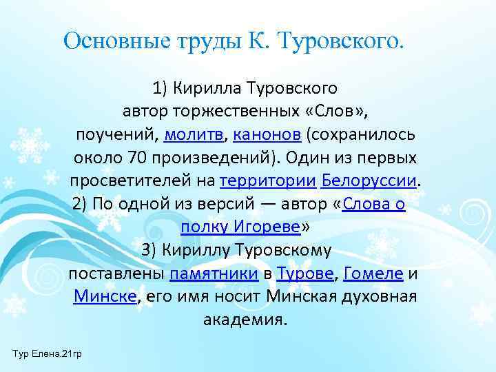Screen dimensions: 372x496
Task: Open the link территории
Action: pyautogui.click(x=268, y=180)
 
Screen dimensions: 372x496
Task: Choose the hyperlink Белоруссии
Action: pyautogui.click(x=369, y=180)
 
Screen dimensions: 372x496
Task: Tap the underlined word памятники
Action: pyautogui.click(x=214, y=273)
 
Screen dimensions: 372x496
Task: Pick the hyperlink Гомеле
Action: pyautogui.click(x=373, y=273)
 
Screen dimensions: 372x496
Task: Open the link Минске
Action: pyautogui.click(x=105, y=297)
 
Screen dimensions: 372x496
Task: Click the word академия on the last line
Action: pyautogui.click(x=244, y=320)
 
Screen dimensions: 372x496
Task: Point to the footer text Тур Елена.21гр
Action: pyautogui.click(x=46, y=353)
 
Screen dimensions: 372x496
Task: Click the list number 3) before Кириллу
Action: pyautogui.click(x=151, y=250)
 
